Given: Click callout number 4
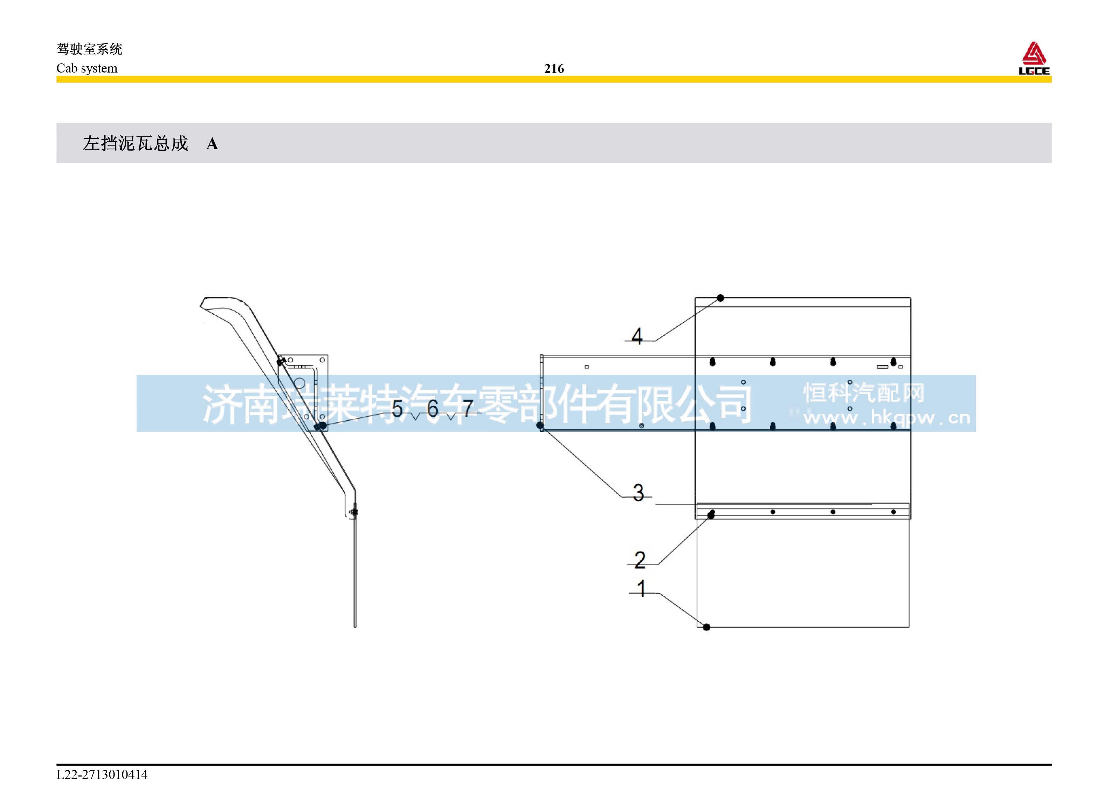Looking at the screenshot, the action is pos(637,336).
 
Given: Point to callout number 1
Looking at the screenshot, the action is pos(641,589).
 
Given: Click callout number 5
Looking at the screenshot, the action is pos(397,408).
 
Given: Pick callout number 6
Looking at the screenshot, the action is pos(433,408).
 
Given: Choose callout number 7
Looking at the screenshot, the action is pos(468,408).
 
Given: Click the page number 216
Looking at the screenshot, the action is pos(554,69).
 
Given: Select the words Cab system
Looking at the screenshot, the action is pos(87,68).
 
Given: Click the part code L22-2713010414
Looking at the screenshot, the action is pos(102,775).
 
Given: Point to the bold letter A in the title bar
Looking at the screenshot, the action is pos(212,144).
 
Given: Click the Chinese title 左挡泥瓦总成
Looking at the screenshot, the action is pos(135,143).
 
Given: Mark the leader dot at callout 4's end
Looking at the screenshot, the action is pos(720,298).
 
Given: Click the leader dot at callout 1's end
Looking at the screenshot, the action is pos(706,627).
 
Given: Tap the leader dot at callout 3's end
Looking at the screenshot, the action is pos(540,425).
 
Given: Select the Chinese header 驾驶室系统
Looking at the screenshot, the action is pos(89,49).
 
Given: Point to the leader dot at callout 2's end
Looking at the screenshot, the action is pos(711,515).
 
